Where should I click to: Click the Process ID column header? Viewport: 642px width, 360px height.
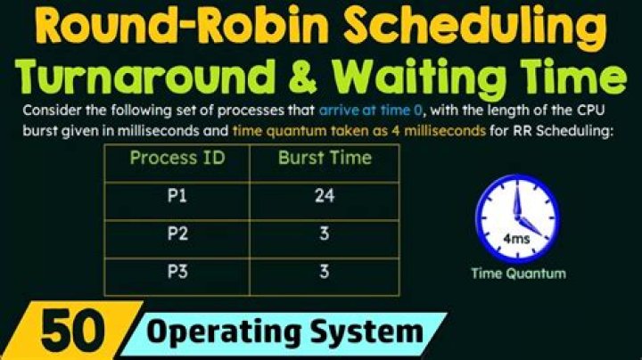(x=177, y=159)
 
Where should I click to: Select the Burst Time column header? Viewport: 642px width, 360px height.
(x=325, y=159)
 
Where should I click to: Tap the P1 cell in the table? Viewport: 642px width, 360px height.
(x=177, y=196)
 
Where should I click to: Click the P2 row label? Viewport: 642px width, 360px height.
(x=177, y=234)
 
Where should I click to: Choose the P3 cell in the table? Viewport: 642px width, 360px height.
(x=177, y=272)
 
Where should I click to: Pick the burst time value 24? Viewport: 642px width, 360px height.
(x=325, y=196)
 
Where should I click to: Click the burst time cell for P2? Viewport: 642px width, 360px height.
(x=325, y=234)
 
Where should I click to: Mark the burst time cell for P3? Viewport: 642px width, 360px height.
(x=325, y=272)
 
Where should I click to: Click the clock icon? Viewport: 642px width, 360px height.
(x=517, y=218)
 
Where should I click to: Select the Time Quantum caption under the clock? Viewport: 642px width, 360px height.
(x=518, y=274)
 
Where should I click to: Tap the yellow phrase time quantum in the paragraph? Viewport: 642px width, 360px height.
(x=268, y=129)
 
